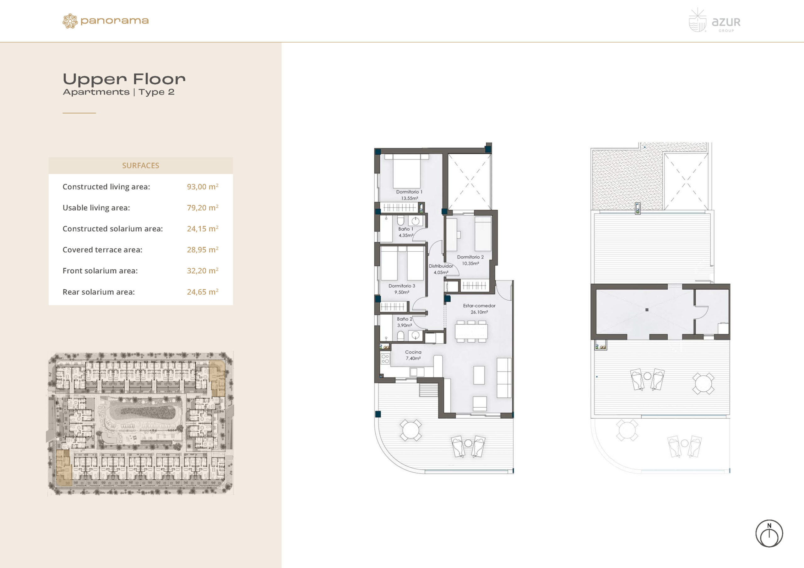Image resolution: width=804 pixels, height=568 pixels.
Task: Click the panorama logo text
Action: point(115,21)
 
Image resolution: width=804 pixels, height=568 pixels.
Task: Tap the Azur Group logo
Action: point(714,21)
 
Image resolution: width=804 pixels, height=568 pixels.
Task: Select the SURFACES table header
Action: point(140,165)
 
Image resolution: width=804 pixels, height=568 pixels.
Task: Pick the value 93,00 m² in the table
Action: point(202,186)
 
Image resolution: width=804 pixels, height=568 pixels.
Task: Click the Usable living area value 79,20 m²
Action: point(202,207)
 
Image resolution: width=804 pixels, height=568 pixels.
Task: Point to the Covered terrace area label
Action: point(102,249)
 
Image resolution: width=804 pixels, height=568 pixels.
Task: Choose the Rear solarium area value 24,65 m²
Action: point(202,292)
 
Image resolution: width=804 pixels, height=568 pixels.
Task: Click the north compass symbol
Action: point(769,533)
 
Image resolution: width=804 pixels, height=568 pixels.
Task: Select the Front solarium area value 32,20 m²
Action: point(202,271)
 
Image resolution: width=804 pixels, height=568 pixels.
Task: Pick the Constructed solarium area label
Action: point(113,228)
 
